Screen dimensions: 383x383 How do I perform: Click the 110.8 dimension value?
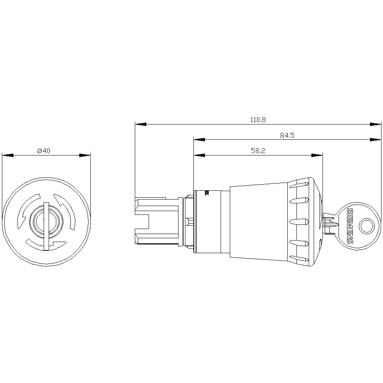pyautogui.click(x=258, y=119)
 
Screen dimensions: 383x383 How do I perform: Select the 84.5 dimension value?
pyautogui.click(x=287, y=135)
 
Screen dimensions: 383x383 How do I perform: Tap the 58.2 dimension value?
pyautogui.click(x=258, y=151)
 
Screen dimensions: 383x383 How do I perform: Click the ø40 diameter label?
pyautogui.click(x=44, y=151)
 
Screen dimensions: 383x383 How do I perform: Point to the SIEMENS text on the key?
pyautogui.click(x=350, y=227)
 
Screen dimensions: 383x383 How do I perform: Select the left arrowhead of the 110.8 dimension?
pyautogui.click(x=141, y=124)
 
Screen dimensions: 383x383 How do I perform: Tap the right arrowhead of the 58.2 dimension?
pyautogui.click(x=317, y=155)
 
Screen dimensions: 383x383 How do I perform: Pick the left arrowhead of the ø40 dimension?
pyautogui.click(x=8, y=155)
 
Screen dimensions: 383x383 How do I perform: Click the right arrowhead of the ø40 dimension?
pyautogui.click(x=85, y=155)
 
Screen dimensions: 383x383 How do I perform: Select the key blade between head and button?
pyautogui.click(x=329, y=222)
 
